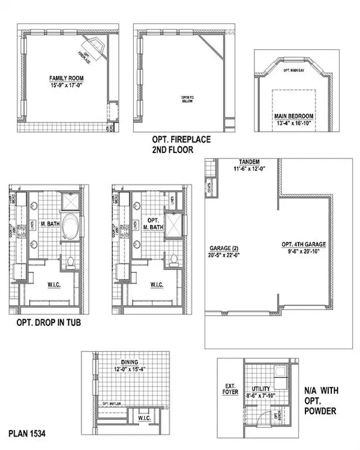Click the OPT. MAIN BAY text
pyautogui.click(x=294, y=70)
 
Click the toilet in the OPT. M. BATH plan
pyautogui.click(x=173, y=260)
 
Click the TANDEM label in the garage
pyautogui.click(x=248, y=163)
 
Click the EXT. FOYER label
pyautogui.click(x=230, y=391)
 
